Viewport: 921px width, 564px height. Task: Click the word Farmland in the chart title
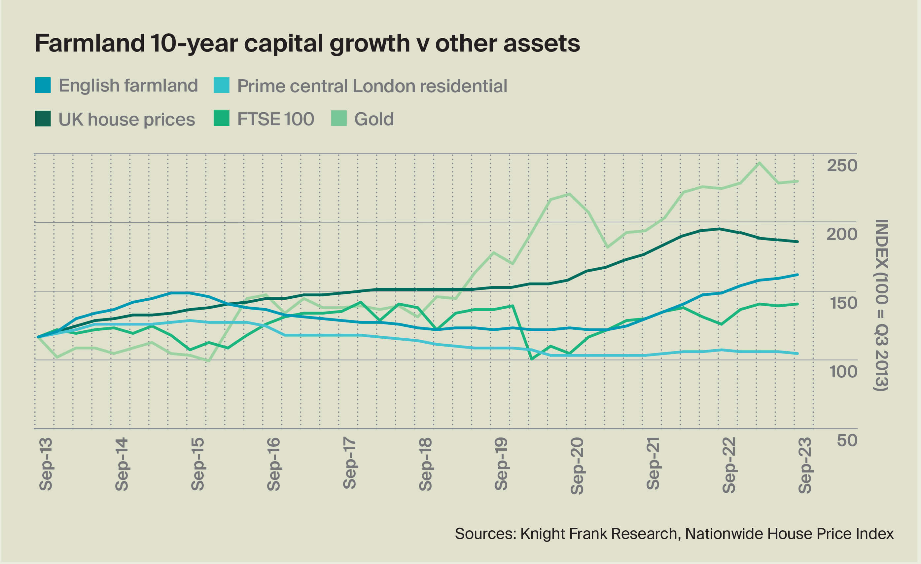coord(90,43)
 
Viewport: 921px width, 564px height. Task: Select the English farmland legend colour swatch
coord(43,85)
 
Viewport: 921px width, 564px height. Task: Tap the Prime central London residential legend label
coord(372,86)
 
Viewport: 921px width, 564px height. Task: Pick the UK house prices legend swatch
coord(43,119)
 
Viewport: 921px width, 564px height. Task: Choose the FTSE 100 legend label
coord(275,119)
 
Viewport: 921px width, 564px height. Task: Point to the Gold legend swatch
coord(339,119)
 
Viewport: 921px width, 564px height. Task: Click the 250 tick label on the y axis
coord(842,165)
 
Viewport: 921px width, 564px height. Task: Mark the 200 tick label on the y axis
coord(842,234)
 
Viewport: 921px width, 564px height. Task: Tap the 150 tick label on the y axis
coord(843,303)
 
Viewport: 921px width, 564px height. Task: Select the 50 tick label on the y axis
coord(847,440)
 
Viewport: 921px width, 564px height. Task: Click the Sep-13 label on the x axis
coord(46,464)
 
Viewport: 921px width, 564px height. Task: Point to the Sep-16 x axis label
coord(274,464)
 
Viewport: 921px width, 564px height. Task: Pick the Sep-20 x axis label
coord(577,466)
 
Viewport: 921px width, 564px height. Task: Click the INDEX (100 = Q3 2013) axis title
coord(881,305)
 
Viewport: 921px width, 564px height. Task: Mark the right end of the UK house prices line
coord(797,242)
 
